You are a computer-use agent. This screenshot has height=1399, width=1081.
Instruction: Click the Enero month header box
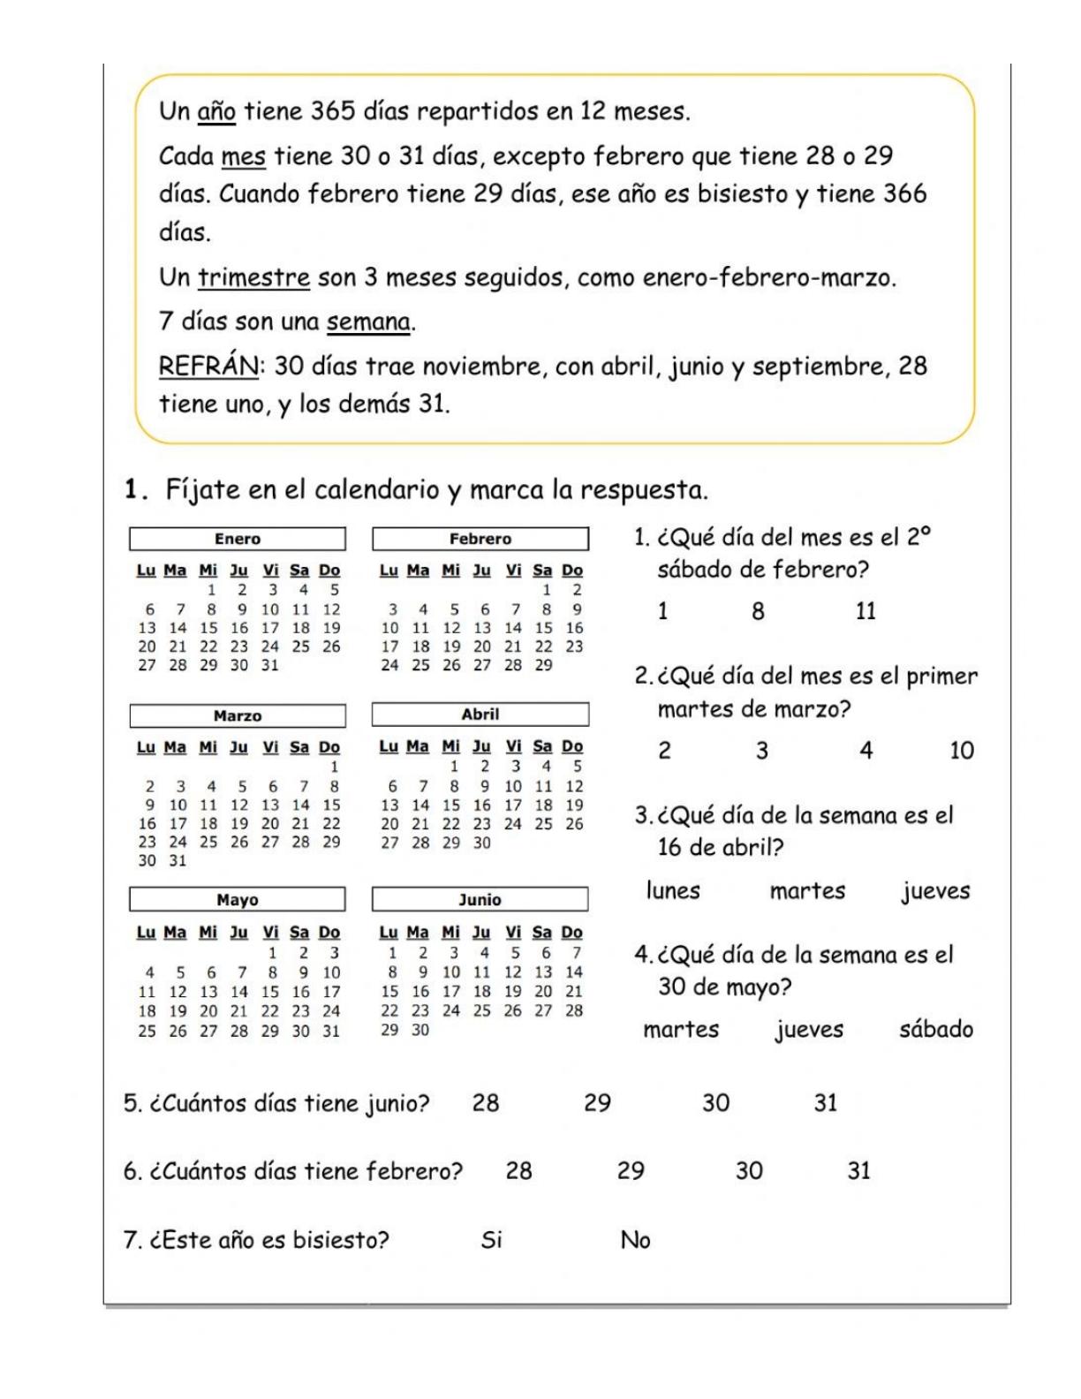pos(238,539)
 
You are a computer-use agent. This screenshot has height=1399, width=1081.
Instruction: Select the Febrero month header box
pos(480,539)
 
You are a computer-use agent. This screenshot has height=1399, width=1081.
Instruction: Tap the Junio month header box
pos(480,900)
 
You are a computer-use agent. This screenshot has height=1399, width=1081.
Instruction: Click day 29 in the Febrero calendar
pos(543,665)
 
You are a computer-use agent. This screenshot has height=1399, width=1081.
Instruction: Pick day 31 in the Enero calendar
pos(269,665)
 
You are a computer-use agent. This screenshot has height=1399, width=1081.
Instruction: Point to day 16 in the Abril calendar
pos(481,805)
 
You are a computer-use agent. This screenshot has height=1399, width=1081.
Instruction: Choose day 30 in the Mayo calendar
pos(300,1031)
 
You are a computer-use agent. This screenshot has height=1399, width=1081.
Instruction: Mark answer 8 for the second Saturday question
pos(758,611)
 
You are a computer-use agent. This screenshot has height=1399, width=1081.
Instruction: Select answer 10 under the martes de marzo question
pos(961,751)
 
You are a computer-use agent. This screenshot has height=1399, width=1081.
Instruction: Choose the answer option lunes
pos(673,890)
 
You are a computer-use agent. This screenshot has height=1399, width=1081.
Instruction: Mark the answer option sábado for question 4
pos(936,1030)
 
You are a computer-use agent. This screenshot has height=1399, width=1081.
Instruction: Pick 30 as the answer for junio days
pos(715,1103)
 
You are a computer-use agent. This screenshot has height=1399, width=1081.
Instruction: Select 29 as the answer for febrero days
pos(631,1171)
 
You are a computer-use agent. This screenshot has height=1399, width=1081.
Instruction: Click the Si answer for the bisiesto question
pos(492,1240)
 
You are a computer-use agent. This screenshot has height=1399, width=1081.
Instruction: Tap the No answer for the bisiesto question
pos(635,1240)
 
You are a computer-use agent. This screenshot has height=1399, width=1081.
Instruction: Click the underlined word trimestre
pos(253,278)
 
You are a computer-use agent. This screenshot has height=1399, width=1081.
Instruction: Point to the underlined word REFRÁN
pos(208,366)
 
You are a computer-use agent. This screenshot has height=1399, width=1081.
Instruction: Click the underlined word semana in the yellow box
pos(368,321)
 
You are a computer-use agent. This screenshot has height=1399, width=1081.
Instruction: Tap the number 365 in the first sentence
pos(333,112)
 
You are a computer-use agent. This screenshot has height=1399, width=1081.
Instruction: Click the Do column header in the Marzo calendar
pos(329,747)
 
